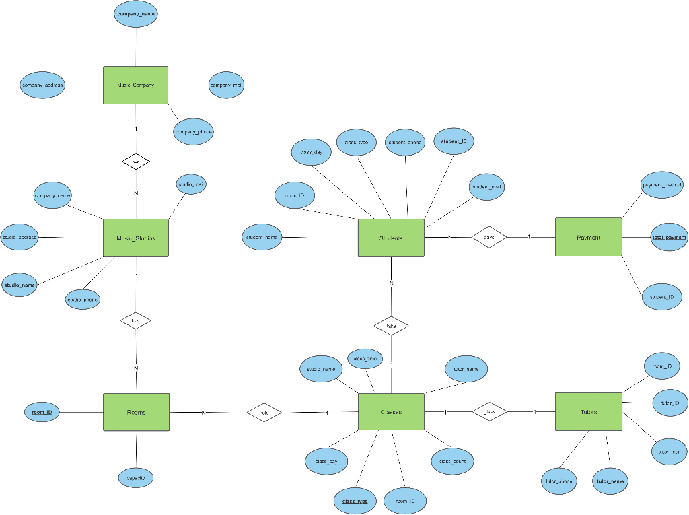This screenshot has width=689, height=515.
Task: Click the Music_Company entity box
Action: click(135, 85)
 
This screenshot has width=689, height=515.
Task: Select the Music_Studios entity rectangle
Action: click(135, 238)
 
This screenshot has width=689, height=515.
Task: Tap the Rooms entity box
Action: click(135, 412)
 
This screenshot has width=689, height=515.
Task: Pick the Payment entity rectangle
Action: click(588, 237)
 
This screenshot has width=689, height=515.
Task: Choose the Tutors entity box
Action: click(588, 411)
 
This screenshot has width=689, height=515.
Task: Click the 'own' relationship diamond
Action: click(135, 162)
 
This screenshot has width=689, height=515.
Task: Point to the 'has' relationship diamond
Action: click(135, 321)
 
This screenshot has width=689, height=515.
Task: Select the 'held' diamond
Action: click(264, 412)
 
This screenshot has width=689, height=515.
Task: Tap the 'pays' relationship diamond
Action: click(489, 237)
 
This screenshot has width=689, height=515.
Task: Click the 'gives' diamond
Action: click(489, 411)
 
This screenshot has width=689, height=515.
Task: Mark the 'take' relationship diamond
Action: click(392, 326)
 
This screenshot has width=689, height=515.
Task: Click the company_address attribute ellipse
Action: click(42, 85)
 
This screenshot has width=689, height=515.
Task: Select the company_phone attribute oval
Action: click(194, 132)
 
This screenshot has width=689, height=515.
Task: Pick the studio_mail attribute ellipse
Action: click(190, 184)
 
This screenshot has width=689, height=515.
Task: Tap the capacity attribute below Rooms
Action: click(135, 478)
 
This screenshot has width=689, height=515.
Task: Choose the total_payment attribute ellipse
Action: click(669, 237)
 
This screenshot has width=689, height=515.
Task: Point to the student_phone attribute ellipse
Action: click(406, 143)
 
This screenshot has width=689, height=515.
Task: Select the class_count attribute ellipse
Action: click(452, 461)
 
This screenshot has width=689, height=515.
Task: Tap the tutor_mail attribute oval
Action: click(669, 452)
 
